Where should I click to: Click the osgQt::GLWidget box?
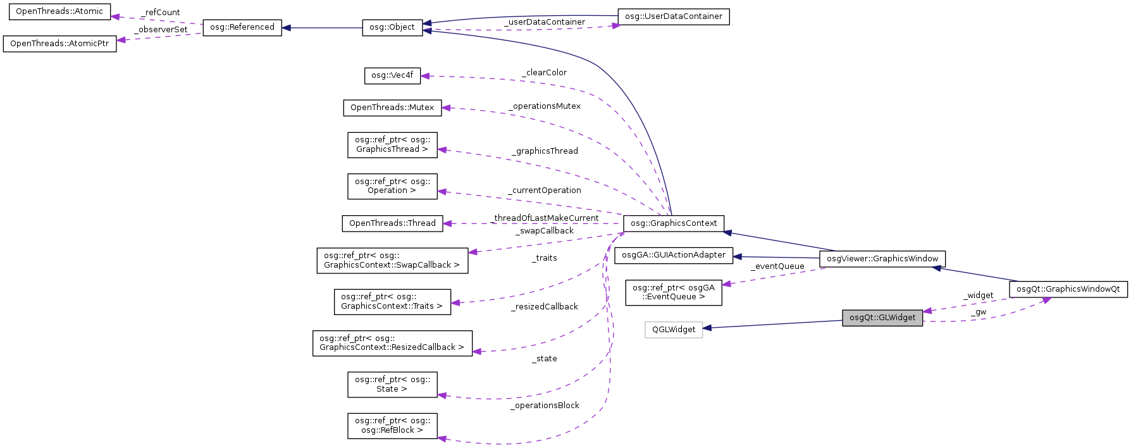882,318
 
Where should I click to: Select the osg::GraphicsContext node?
674,223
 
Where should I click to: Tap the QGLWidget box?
674,330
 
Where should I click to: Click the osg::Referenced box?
242,27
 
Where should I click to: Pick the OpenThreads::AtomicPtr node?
59,44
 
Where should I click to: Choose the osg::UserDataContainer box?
673,16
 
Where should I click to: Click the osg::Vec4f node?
392,75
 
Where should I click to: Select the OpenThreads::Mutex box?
392,108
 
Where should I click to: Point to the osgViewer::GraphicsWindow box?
882,259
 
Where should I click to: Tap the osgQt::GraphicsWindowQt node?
1068,289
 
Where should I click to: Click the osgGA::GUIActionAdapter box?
674,255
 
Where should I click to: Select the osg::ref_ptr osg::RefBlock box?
392,426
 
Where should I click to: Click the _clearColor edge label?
544,73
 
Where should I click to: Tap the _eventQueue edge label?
777,266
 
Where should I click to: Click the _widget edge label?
979,296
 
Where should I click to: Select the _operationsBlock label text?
545,406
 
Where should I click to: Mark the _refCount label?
161,13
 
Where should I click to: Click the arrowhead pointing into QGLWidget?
708,328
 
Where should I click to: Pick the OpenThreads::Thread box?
392,223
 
